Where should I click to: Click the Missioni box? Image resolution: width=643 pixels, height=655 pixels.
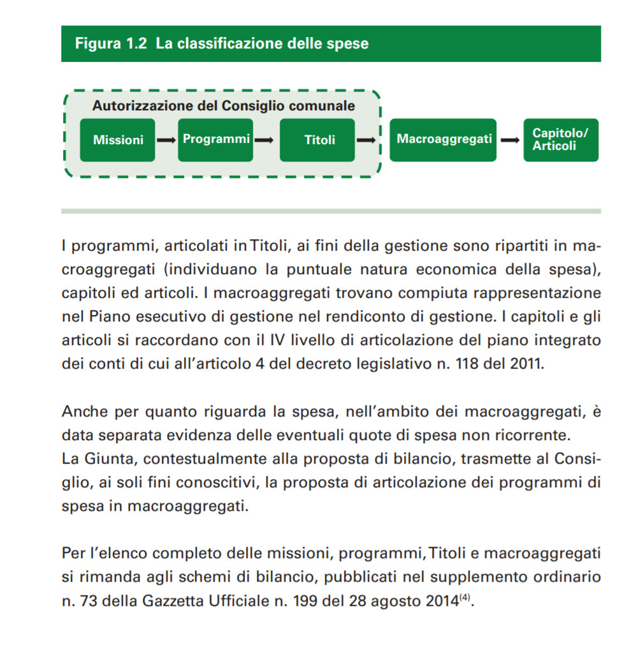(118, 140)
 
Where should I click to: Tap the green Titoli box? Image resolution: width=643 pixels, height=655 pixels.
(319, 140)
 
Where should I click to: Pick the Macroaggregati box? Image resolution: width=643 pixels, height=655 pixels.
(444, 139)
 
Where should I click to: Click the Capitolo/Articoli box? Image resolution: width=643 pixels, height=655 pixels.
(561, 140)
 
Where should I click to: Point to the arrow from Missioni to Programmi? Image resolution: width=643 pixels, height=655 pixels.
(166, 140)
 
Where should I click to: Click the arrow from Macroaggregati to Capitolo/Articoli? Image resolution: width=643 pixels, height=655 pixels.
(510, 140)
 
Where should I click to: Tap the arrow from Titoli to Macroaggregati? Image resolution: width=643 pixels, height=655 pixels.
(367, 140)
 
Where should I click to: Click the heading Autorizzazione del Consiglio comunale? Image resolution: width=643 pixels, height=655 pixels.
(224, 106)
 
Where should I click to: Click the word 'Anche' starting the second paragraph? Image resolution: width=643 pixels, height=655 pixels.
(84, 411)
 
